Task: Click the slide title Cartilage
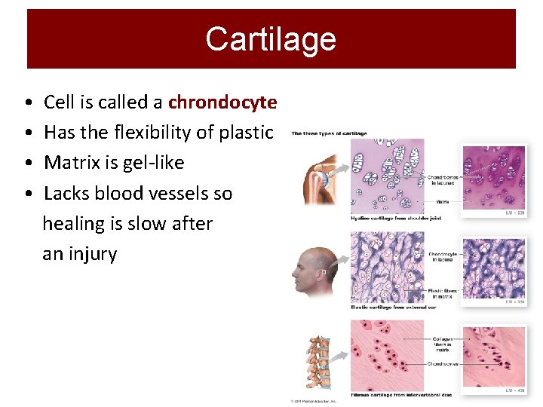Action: coord(271,38)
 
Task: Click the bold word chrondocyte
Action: coord(222,102)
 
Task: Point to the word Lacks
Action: coord(67,194)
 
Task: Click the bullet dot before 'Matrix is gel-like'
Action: coord(27,163)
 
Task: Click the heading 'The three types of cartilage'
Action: coord(330,133)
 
